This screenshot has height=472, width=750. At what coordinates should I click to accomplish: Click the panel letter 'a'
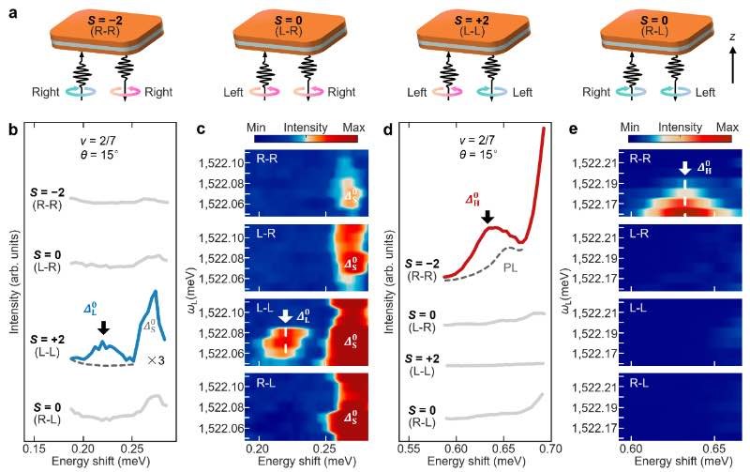(x=13, y=12)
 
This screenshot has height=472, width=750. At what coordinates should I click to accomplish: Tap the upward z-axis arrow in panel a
(x=732, y=65)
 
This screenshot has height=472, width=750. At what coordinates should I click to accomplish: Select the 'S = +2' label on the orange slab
(x=472, y=21)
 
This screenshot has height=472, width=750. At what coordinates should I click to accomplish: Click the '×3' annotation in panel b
(x=156, y=360)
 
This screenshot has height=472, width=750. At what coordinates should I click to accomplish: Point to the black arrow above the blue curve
(x=103, y=327)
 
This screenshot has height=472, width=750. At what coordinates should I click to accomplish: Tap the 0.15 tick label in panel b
(x=35, y=449)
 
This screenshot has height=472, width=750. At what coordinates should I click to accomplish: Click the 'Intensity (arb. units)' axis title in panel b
(x=14, y=282)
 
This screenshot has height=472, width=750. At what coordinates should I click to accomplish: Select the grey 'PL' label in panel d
(x=510, y=267)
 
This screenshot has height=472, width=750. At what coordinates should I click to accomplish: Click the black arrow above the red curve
(x=487, y=217)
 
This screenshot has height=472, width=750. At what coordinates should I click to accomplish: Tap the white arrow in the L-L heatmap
(x=286, y=316)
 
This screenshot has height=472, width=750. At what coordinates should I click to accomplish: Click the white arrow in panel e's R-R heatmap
(x=685, y=168)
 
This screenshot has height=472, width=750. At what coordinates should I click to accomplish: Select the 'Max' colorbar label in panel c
(x=353, y=128)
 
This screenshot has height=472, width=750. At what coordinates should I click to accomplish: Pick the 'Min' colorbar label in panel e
(x=629, y=128)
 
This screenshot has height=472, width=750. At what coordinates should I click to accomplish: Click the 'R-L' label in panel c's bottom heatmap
(x=266, y=383)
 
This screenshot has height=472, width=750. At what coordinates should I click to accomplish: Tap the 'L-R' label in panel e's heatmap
(x=639, y=234)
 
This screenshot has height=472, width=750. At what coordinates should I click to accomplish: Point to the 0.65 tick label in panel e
(x=715, y=449)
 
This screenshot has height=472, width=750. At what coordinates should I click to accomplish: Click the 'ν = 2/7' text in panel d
(x=478, y=140)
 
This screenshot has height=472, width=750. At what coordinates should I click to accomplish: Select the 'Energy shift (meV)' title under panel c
(x=307, y=461)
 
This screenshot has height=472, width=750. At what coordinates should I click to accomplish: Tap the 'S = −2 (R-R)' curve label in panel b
(x=47, y=199)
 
